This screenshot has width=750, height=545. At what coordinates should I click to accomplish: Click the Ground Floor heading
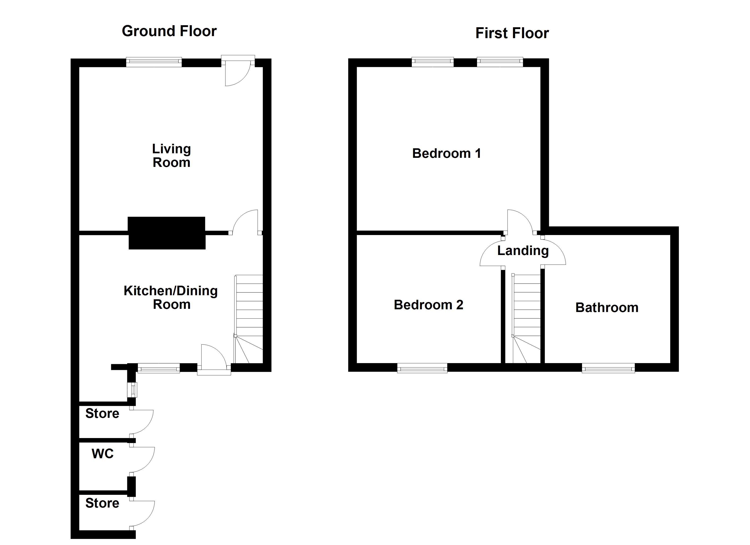169,31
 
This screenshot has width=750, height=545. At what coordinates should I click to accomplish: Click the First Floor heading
512,33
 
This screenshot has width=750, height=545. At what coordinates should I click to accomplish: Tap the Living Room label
171,156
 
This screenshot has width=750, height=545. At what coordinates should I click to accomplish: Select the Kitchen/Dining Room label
171,297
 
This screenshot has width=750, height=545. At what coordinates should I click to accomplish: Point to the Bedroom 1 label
446,153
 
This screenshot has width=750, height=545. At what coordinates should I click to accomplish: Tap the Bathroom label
607,308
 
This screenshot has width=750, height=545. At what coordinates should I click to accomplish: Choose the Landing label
523,250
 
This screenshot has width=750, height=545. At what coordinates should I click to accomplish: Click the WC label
102,454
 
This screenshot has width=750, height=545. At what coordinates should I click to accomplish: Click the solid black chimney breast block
167,233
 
